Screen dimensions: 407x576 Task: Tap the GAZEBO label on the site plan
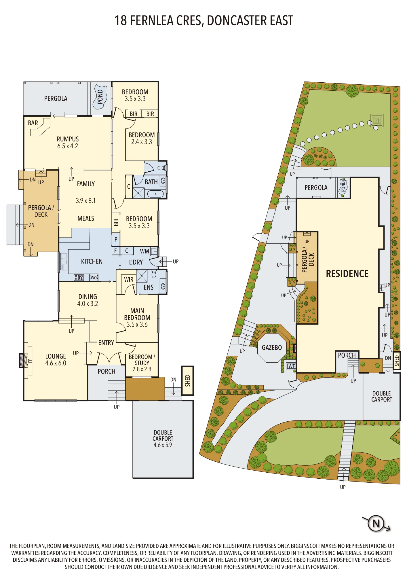(x=272, y=348)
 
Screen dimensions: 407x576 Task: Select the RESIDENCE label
(x=347, y=274)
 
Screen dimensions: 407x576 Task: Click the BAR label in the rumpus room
(x=33, y=123)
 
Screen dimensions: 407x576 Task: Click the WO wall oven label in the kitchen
(x=94, y=278)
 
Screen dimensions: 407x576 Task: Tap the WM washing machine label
(x=144, y=251)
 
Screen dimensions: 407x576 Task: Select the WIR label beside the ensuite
(x=129, y=279)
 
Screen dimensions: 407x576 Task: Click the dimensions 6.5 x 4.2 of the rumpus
(x=68, y=146)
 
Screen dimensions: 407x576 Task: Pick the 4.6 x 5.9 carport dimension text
(x=163, y=445)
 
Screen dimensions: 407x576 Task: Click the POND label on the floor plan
(x=100, y=97)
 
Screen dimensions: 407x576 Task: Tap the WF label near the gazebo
(x=292, y=366)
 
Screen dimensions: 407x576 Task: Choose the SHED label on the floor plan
(x=188, y=380)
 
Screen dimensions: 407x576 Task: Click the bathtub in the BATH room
(x=155, y=194)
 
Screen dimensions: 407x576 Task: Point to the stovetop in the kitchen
(x=79, y=277)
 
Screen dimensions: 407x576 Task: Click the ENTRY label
(x=106, y=343)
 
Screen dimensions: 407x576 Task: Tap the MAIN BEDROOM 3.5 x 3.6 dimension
(x=137, y=325)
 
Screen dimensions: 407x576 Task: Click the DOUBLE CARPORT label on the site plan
(x=382, y=396)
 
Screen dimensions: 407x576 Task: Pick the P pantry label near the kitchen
(x=116, y=239)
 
